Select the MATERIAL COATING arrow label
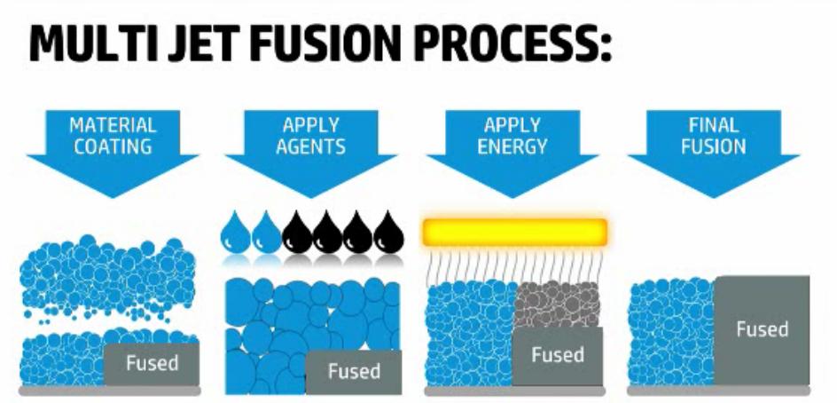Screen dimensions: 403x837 click(x=113, y=138)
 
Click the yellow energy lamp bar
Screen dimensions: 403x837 click(x=515, y=232)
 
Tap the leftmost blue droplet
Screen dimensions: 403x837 click(x=236, y=233)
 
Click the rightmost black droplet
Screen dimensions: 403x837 click(x=388, y=233)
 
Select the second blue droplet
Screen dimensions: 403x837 click(x=266, y=233)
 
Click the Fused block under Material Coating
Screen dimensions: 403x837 click(x=152, y=363)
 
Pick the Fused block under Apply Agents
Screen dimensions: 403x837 click(x=353, y=371)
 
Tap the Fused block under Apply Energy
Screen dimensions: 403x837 click(x=557, y=355)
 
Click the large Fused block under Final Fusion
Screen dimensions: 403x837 click(x=762, y=329)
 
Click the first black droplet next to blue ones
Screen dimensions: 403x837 click(x=297, y=233)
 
